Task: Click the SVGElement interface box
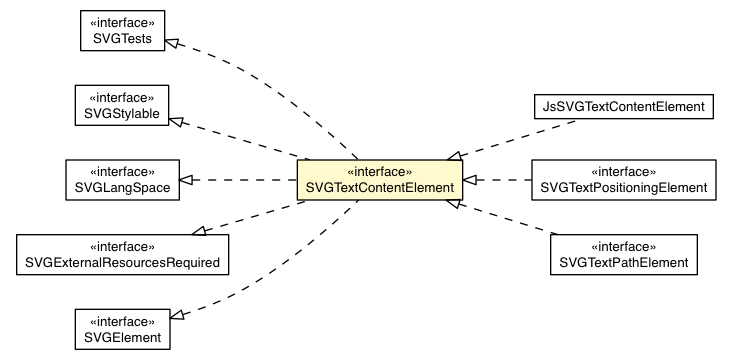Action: [120, 328]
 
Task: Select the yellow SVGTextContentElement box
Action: [378, 180]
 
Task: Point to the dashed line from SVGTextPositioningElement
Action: [500, 180]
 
